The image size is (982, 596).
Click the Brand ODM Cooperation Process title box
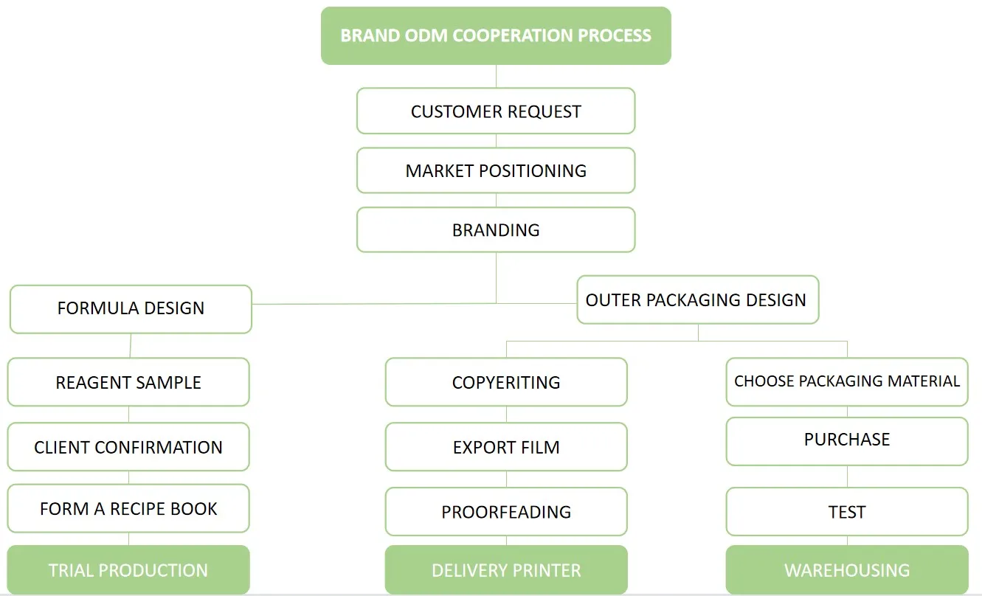point(496,35)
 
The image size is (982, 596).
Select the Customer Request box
point(496,111)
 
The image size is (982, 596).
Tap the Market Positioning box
point(496,170)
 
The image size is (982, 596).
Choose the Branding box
point(496,229)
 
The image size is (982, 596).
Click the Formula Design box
point(131,308)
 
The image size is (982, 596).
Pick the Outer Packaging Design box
point(697,299)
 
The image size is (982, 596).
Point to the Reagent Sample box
point(128,382)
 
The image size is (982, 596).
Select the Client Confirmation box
point(128,447)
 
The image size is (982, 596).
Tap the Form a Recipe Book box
point(128,508)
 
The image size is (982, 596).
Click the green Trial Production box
point(128,570)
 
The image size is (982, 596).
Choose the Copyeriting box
point(506,382)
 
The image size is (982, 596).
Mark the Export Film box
point(506,447)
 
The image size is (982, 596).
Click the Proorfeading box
point(506,511)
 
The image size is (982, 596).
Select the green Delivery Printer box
point(506,570)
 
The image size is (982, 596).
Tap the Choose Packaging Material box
point(847,381)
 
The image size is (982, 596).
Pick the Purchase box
point(847,440)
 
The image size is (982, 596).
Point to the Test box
point(847,511)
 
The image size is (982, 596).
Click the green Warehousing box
point(847,570)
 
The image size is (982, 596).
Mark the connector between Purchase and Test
point(847,477)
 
